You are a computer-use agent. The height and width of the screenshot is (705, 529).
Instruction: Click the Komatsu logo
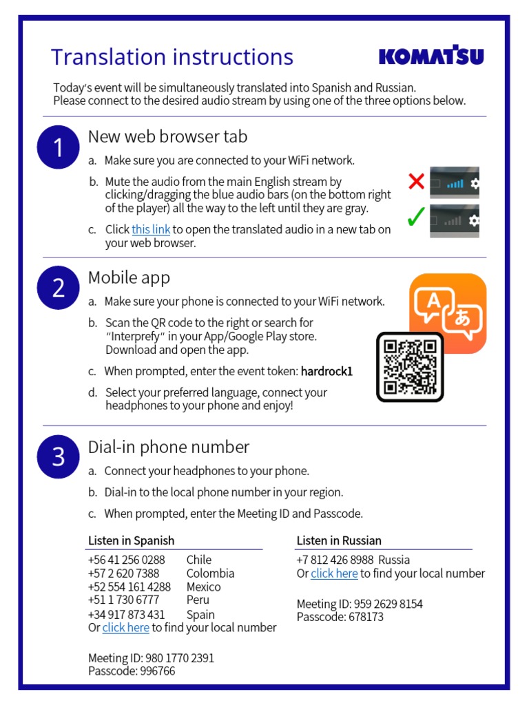click(431, 56)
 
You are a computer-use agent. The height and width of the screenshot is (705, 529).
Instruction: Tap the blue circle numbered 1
click(59, 147)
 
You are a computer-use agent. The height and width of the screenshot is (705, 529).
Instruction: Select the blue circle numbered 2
click(59, 288)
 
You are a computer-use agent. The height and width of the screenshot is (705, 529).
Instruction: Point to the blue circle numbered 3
click(59, 456)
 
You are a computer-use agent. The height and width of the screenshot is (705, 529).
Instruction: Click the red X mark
click(416, 182)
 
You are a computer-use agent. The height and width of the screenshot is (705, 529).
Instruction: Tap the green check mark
click(415, 219)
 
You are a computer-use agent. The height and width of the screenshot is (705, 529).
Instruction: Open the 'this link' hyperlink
click(151, 229)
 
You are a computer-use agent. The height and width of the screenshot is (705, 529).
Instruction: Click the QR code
click(410, 366)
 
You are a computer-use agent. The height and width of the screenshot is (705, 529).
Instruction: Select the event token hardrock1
click(326, 371)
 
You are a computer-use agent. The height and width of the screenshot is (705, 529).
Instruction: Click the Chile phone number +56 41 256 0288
click(127, 560)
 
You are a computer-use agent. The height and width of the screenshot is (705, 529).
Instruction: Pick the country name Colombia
click(210, 573)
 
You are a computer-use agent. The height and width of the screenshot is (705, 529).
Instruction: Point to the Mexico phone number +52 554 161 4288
click(129, 587)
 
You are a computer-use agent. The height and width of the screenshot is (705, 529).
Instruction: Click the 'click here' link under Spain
click(125, 627)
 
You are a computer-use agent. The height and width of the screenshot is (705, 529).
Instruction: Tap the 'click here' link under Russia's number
click(334, 573)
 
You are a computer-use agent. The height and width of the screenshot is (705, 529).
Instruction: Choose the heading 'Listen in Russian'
click(339, 540)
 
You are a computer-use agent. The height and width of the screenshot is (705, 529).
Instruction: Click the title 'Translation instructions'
click(172, 56)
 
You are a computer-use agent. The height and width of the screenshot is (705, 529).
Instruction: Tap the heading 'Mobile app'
click(129, 277)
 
